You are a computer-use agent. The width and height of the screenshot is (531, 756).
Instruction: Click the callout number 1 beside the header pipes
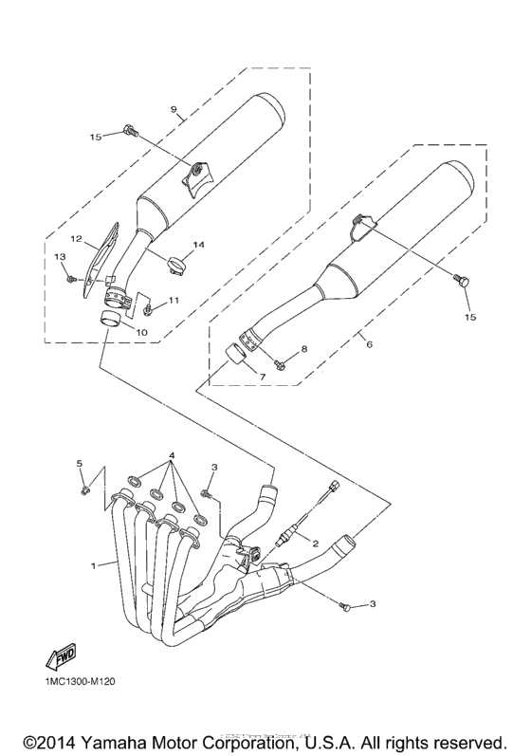pyautogui.click(x=94, y=566)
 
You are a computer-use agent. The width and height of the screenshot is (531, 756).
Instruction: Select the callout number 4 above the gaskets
pyautogui.click(x=172, y=454)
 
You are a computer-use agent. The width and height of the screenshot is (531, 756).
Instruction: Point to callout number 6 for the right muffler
pyautogui.click(x=369, y=344)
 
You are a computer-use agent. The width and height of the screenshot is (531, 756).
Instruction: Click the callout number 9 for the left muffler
pyautogui.click(x=174, y=110)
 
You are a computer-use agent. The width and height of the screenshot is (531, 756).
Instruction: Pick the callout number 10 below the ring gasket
pyautogui.click(x=141, y=332)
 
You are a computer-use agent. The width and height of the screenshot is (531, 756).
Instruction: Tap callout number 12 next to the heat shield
pyautogui.click(x=77, y=239)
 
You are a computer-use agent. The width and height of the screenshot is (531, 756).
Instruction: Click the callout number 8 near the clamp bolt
pyautogui.click(x=304, y=350)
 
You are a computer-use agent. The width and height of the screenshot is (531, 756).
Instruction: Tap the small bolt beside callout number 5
pyautogui.click(x=85, y=490)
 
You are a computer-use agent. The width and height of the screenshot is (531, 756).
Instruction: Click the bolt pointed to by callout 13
pyautogui.click(x=72, y=278)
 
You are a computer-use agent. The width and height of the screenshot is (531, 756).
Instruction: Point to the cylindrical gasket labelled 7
pyautogui.click(x=235, y=361)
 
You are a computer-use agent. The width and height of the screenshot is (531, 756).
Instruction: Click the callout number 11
pyautogui.click(x=174, y=301)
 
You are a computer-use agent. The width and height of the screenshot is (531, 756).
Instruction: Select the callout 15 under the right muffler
pyautogui.click(x=468, y=315)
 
